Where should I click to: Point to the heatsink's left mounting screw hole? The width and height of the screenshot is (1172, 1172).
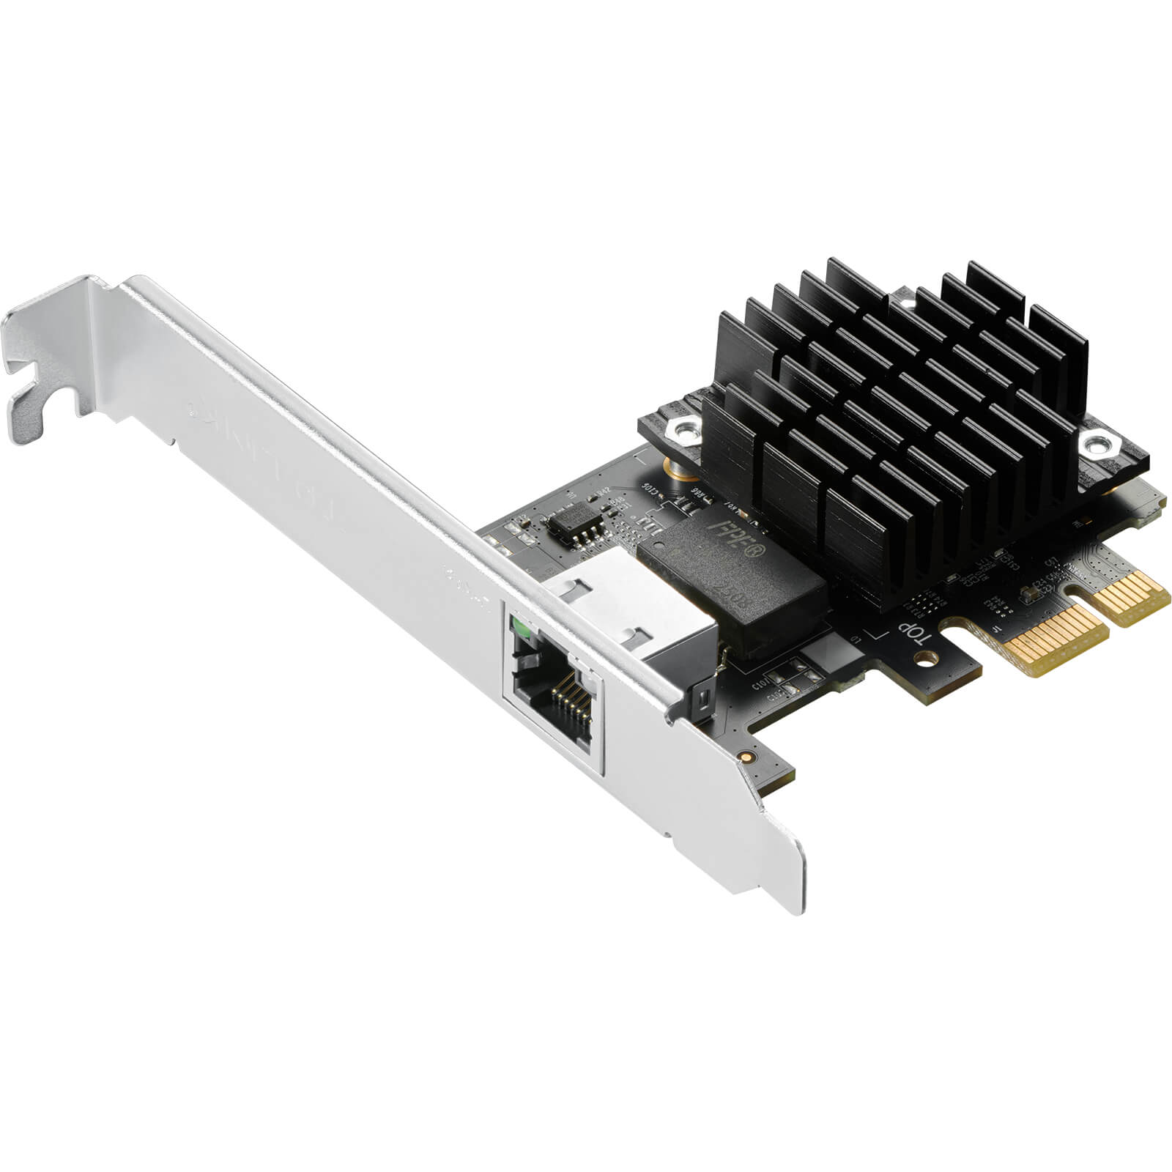tap(686, 431)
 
